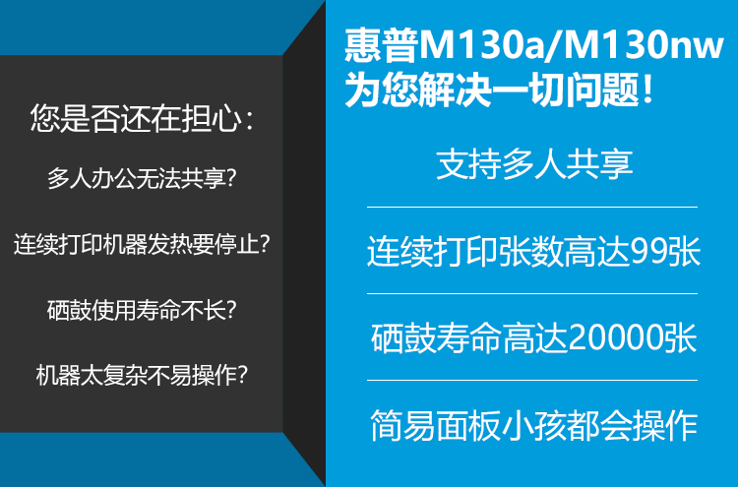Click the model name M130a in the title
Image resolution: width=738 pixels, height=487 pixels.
(480, 46)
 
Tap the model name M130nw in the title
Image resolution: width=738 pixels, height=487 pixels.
(643, 46)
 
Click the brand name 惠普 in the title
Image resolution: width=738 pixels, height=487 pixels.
(381, 45)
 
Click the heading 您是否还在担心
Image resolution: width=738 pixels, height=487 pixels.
(136, 118)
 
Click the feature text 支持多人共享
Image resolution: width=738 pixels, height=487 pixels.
(533, 164)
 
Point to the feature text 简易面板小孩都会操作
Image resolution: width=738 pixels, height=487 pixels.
(533, 425)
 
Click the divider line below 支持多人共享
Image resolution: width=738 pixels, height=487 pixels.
(531, 207)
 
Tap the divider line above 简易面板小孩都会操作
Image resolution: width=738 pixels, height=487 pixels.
(531, 380)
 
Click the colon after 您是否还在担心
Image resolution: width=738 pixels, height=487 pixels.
(250, 121)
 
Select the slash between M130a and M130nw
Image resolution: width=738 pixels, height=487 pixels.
(553, 46)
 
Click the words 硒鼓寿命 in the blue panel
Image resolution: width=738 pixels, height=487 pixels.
(436, 337)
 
